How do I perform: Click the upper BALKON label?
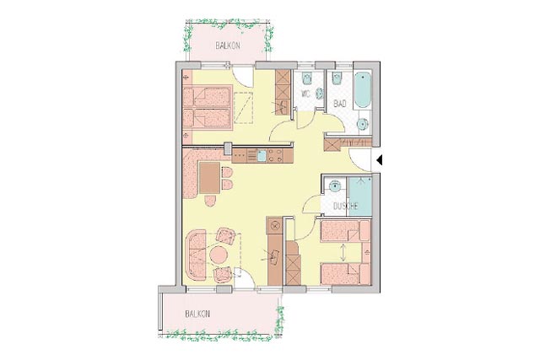point(228,46)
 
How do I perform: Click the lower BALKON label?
point(197,314)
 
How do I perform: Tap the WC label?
point(305,94)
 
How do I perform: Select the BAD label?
point(340,103)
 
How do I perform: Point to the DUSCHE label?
point(346,207)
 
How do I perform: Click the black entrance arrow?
point(379,160)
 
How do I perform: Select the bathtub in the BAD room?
point(363,89)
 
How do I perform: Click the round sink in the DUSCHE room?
point(335,186)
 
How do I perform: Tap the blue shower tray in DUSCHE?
point(360,196)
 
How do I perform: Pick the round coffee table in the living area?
point(219,255)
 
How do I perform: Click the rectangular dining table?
point(209,178)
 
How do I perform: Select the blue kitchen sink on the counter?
point(262,156)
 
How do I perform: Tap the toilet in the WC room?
point(306,78)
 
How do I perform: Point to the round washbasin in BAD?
point(363,123)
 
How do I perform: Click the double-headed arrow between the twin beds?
point(343,252)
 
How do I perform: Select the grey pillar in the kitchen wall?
point(228,148)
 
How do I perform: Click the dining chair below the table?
point(210,201)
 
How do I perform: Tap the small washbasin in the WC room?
point(320,93)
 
